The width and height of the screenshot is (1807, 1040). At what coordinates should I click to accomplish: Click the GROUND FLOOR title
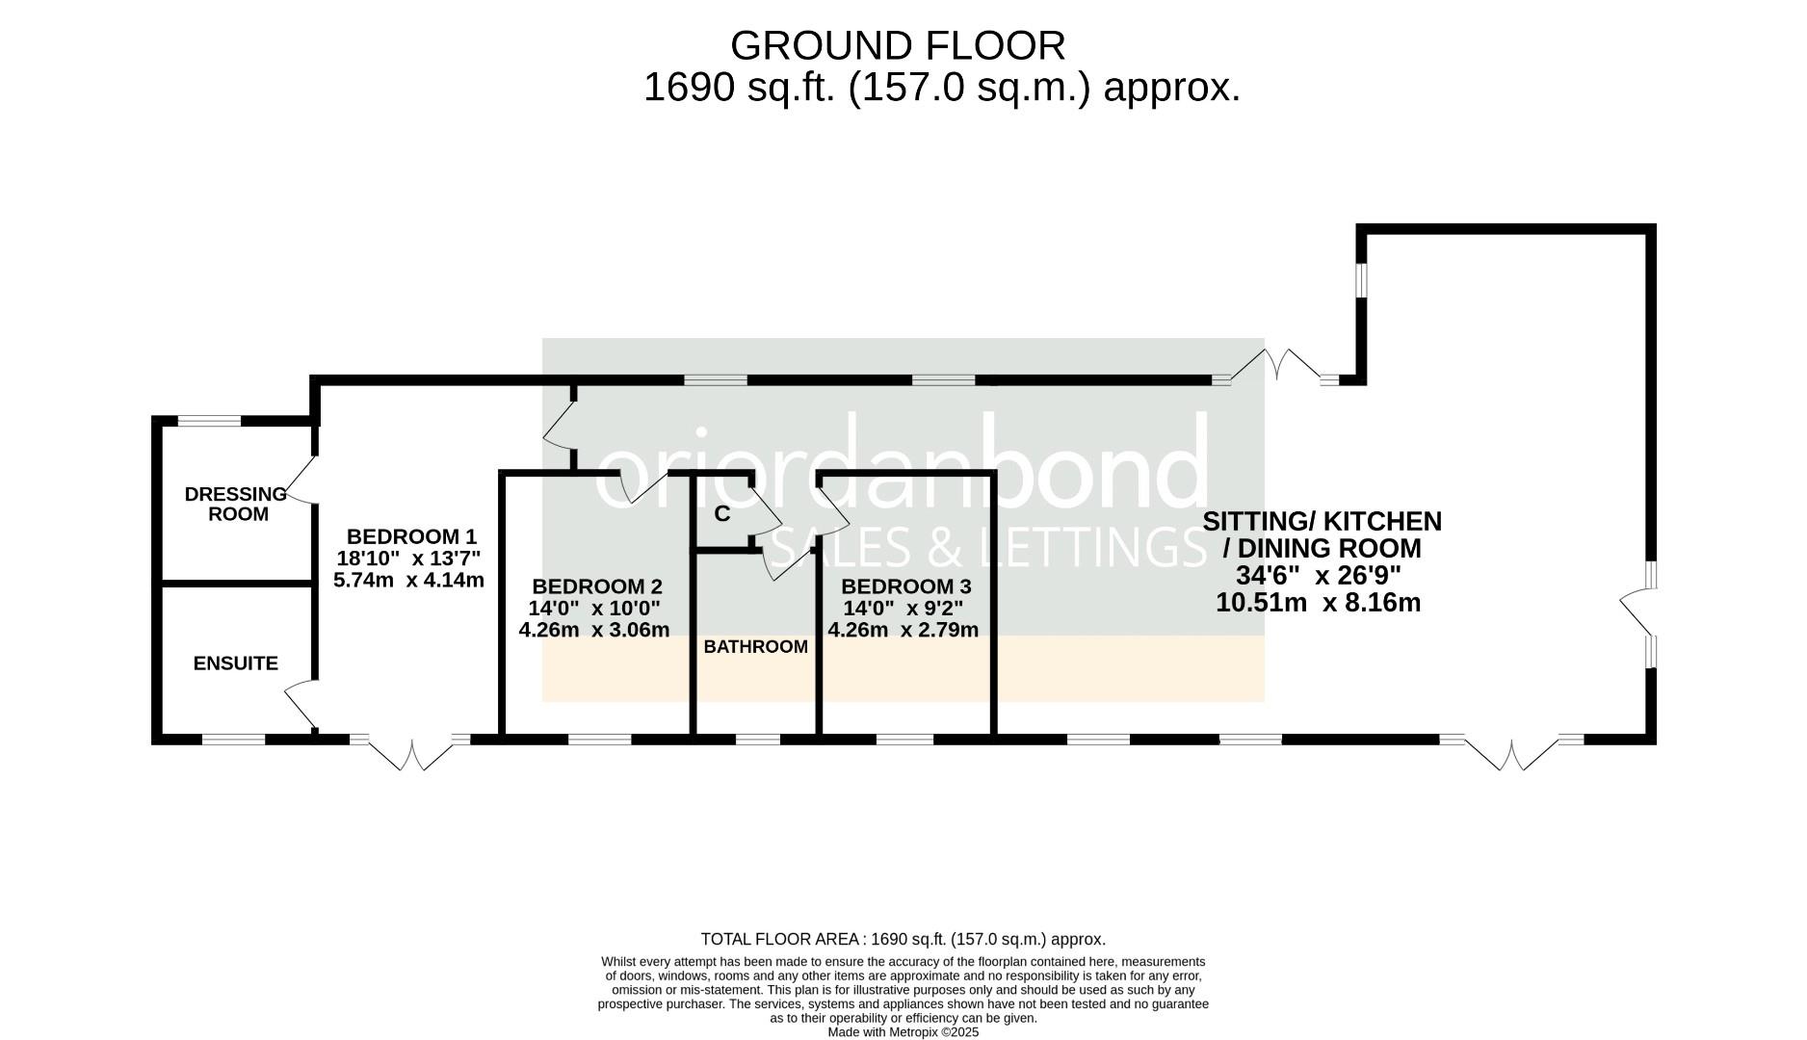pyautogui.click(x=898, y=45)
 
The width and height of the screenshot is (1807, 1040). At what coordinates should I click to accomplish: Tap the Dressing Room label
pyautogui.click(x=236, y=504)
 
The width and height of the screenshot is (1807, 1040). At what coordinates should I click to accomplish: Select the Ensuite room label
pyautogui.click(x=236, y=663)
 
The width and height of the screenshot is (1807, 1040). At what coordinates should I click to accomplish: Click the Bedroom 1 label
pyautogui.click(x=411, y=536)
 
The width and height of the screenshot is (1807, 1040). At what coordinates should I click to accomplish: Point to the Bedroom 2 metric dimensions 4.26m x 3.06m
pyautogui.click(x=594, y=631)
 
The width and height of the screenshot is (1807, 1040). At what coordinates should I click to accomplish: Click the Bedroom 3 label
pyautogui.click(x=905, y=586)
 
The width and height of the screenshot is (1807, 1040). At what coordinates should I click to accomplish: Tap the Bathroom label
pyautogui.click(x=756, y=647)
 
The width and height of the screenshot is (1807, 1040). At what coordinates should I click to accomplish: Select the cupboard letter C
pyautogui.click(x=722, y=514)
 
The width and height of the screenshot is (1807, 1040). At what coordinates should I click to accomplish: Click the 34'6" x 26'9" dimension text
pyautogui.click(x=1318, y=576)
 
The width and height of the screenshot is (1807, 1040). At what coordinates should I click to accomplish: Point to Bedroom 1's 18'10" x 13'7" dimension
pyautogui.click(x=408, y=559)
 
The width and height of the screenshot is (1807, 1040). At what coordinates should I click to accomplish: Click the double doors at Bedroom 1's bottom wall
pyautogui.click(x=411, y=754)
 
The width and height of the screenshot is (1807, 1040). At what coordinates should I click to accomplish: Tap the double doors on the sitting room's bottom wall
pyautogui.click(x=1511, y=754)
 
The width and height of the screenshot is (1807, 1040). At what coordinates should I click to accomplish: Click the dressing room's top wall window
pyautogui.click(x=210, y=420)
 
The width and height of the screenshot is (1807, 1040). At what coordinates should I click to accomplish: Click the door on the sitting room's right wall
pyautogui.click(x=1637, y=613)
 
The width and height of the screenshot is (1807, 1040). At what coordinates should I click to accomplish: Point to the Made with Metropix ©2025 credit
pyautogui.click(x=903, y=1031)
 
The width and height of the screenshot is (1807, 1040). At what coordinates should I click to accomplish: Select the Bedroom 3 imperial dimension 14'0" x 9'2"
pyautogui.click(x=903, y=609)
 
